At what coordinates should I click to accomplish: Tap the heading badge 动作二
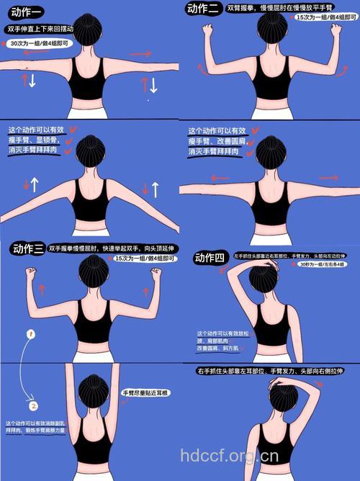pyautogui.click(x=203, y=9)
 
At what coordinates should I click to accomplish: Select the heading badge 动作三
pyautogui.click(x=28, y=249)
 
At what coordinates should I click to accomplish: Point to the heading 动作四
pyautogui.click(x=210, y=258)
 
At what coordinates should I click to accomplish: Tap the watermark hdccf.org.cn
pyautogui.click(x=228, y=456)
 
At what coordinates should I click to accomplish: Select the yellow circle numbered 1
pyautogui.click(x=31, y=334)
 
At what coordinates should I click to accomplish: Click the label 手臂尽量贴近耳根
pyautogui.click(x=145, y=393)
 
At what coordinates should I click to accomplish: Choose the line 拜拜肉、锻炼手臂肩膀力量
pyautogui.click(x=35, y=430)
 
